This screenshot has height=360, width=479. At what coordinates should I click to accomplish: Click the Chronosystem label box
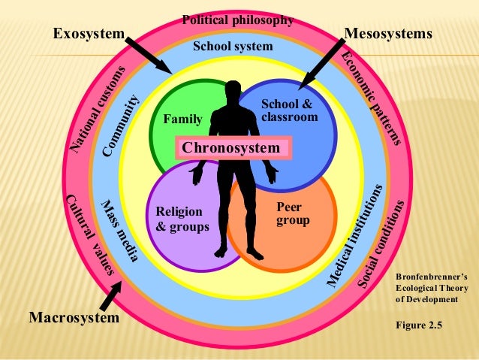(231, 148)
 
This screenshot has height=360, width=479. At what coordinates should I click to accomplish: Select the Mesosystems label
(388, 34)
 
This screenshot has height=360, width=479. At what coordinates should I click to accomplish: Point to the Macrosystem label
(74, 318)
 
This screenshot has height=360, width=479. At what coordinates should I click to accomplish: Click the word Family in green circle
(182, 118)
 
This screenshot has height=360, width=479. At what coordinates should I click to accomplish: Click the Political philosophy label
(237, 20)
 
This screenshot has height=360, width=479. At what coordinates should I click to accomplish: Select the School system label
(233, 47)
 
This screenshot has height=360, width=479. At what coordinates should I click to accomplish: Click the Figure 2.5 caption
(419, 325)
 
